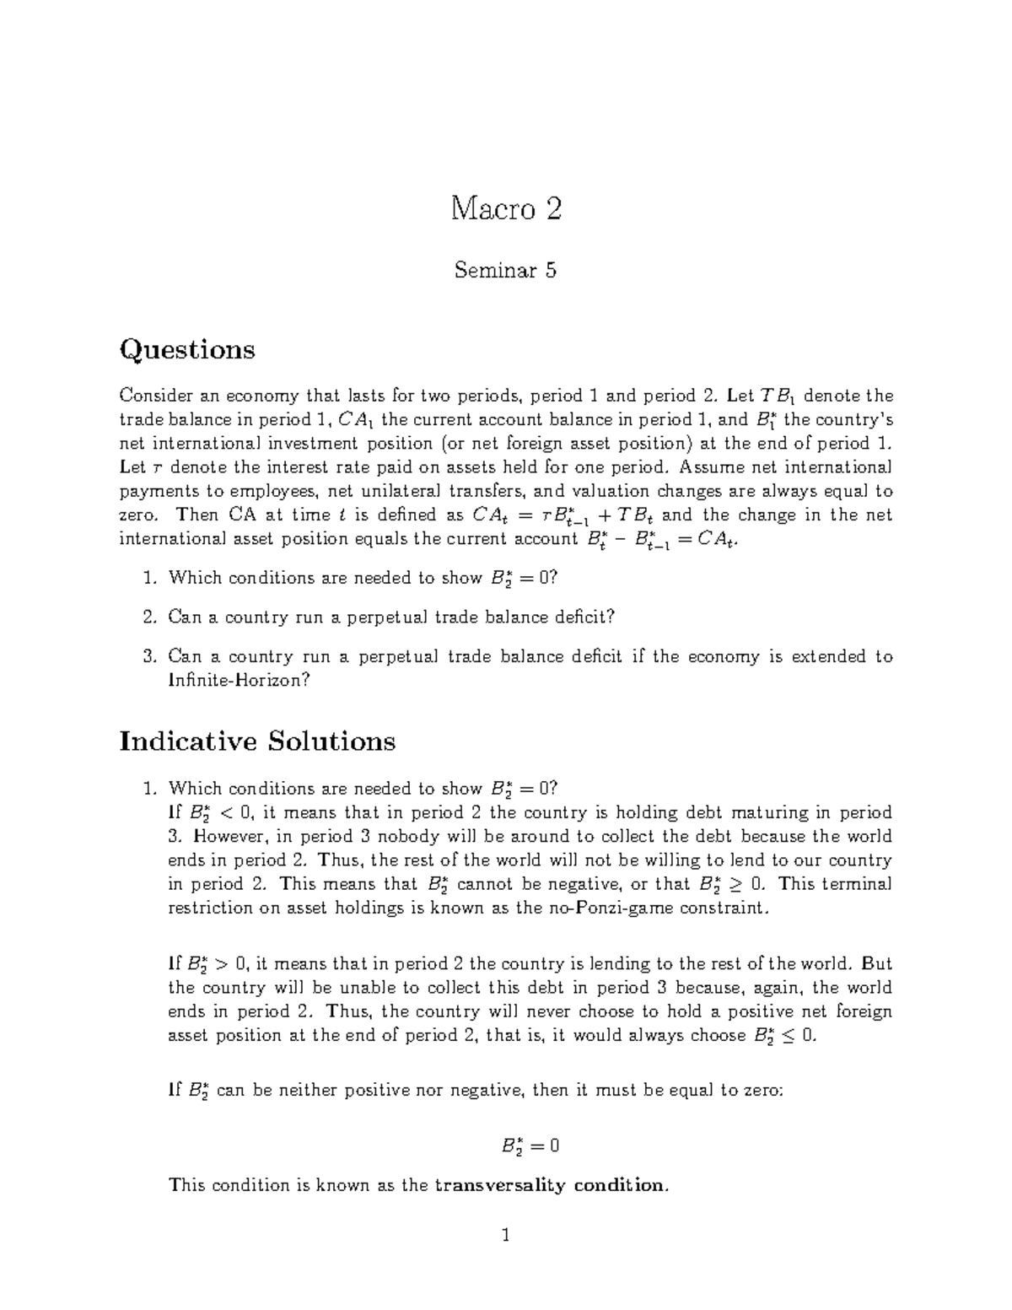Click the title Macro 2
point(505,208)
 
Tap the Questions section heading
point(187,349)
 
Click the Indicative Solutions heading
point(257,741)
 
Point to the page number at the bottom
point(506,1237)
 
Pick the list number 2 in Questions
point(148,617)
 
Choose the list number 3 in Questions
point(148,657)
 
